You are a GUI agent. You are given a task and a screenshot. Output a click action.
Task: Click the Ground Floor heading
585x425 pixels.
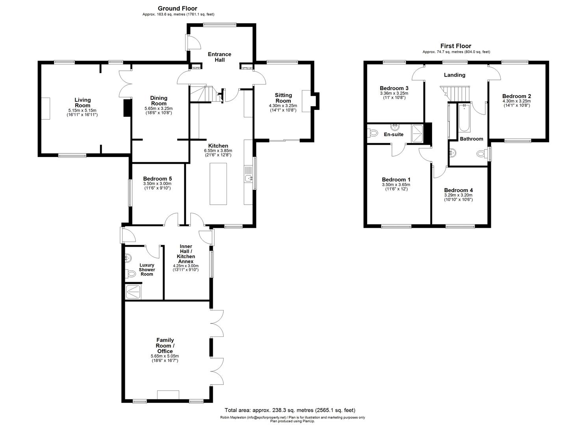(177, 8)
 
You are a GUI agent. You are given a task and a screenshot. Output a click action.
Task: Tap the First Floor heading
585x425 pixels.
(455, 46)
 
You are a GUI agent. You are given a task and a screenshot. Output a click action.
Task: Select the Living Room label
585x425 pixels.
(83, 102)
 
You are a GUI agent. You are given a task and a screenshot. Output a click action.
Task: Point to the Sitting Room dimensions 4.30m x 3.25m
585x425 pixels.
(283, 105)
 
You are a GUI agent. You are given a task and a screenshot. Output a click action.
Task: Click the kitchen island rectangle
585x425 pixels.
(218, 184)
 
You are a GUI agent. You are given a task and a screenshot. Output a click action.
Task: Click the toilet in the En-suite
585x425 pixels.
(371, 134)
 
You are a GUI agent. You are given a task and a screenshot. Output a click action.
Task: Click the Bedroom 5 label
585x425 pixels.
(157, 178)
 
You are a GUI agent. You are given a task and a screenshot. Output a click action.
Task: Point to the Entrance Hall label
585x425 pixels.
(220, 57)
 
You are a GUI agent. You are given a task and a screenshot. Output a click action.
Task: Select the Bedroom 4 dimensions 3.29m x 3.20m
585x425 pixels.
(458, 195)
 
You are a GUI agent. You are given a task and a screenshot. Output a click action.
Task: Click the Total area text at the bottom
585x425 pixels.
(290, 410)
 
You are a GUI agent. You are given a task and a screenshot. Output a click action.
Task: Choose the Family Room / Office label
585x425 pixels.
(165, 346)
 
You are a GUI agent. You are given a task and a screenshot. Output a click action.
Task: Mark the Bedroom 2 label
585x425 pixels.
(516, 96)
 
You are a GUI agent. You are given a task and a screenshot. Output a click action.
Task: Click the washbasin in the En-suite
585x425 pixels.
(394, 127)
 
